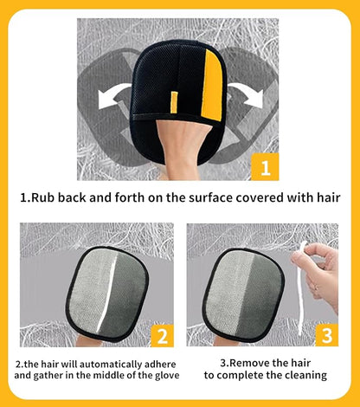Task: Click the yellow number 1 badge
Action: click(x=265, y=166)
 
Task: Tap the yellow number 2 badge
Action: click(x=162, y=335)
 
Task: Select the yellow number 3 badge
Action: click(x=326, y=335)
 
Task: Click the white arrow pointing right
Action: click(x=247, y=95)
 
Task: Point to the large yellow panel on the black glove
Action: click(x=212, y=86)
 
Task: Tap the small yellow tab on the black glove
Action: click(x=174, y=102)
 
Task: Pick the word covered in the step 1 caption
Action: click(x=260, y=197)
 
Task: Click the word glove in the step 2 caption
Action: click(x=166, y=376)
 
